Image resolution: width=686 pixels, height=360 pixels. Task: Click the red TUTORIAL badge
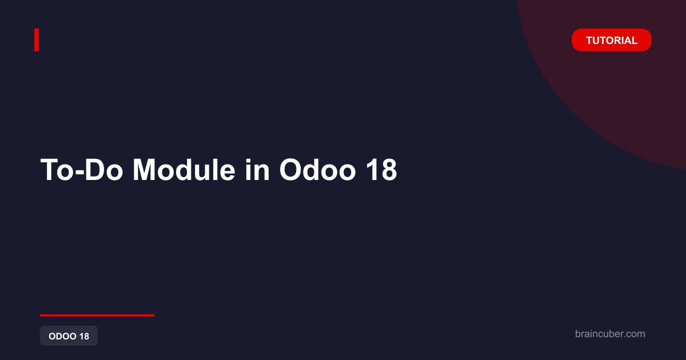click(612, 40)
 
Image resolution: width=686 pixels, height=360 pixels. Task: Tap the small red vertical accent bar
click(37, 40)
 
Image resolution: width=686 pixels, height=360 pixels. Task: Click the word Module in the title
click(184, 170)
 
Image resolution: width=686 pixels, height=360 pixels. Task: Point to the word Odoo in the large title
click(318, 170)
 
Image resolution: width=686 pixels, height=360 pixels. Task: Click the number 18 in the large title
click(382, 170)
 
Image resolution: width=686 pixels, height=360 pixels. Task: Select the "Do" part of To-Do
click(103, 170)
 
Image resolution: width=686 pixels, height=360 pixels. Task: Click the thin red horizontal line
click(97, 315)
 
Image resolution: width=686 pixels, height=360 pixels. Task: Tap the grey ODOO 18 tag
click(69, 336)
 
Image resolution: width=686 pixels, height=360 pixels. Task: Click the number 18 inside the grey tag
click(84, 336)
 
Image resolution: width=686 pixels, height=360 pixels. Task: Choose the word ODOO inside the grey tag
click(62, 336)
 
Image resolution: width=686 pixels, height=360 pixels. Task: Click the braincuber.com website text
click(610, 334)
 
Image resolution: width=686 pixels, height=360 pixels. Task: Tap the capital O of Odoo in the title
click(290, 170)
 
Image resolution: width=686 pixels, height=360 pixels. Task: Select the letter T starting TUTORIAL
click(590, 41)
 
